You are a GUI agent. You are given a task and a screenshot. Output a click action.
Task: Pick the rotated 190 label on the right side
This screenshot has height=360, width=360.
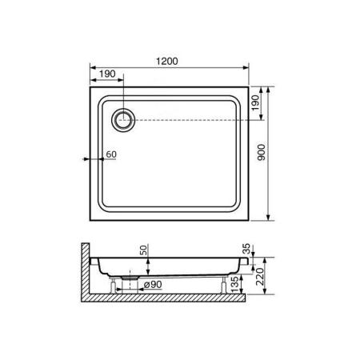coord(256,104)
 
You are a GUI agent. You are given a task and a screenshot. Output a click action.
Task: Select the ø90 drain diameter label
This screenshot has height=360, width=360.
coord(154,283)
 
